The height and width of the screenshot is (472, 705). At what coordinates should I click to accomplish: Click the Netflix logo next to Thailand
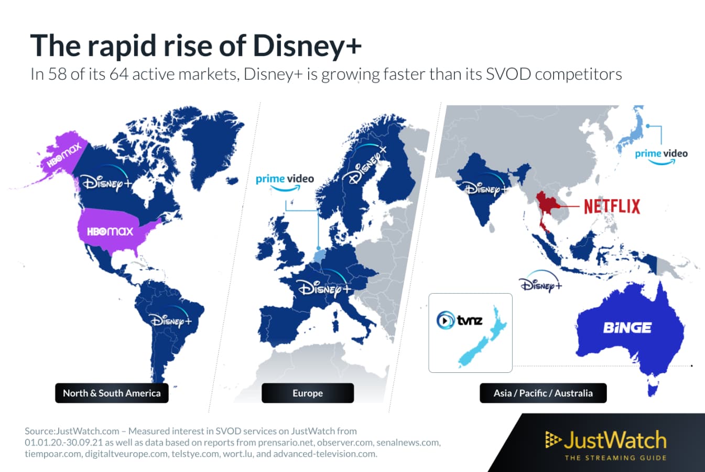click(612, 206)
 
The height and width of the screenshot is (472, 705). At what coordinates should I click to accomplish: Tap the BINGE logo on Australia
click(627, 328)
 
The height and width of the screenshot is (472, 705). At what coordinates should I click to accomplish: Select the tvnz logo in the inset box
click(460, 319)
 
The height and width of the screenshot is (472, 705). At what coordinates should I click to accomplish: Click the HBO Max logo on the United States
click(110, 231)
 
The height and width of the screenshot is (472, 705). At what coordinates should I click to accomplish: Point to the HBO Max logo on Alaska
click(64, 155)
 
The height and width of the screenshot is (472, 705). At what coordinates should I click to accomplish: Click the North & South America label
click(112, 393)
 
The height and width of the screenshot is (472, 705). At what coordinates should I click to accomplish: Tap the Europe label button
click(308, 393)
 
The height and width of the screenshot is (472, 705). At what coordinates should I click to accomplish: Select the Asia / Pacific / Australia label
click(543, 393)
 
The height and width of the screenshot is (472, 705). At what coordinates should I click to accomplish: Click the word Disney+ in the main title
click(307, 46)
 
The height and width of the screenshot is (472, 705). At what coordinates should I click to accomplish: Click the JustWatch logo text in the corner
click(614, 441)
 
